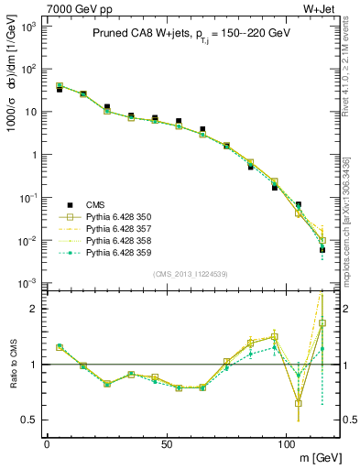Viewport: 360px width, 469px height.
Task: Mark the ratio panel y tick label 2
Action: pos(32,310)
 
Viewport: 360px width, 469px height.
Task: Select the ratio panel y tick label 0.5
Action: pos(29,420)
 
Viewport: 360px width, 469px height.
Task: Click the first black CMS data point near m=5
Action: pos(59,90)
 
